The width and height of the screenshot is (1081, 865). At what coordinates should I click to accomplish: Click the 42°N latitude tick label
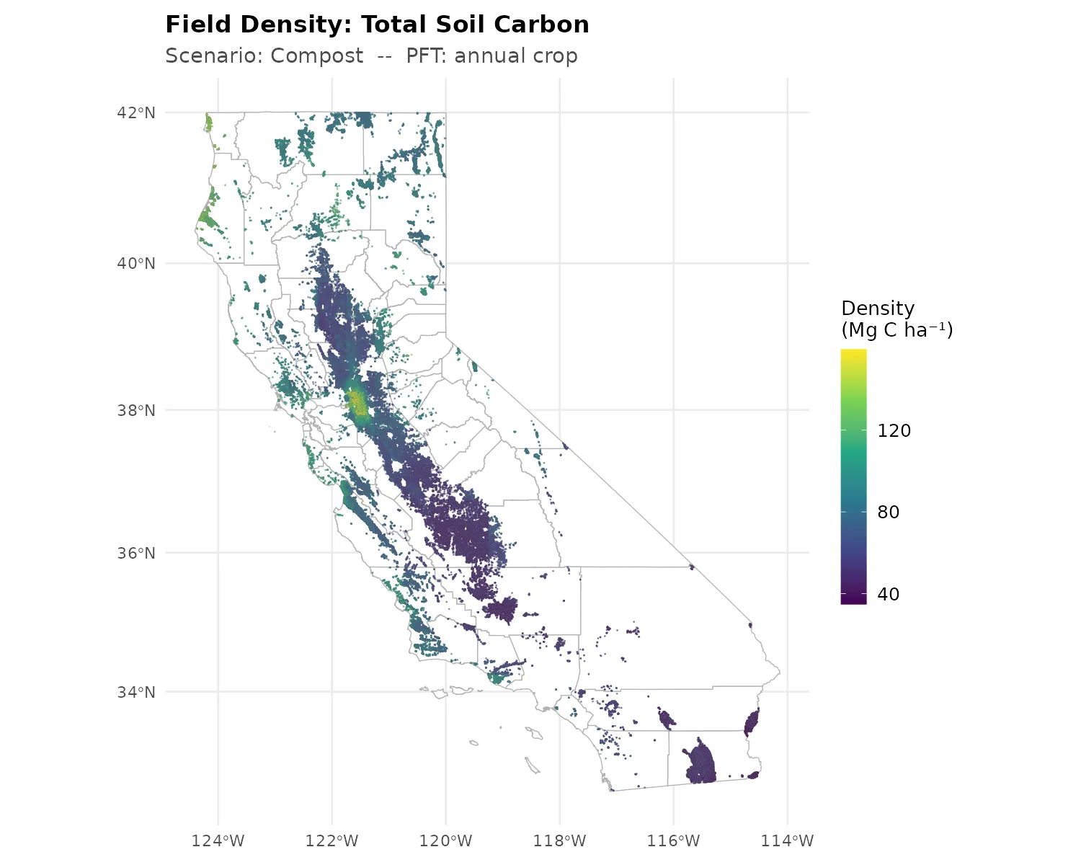pos(136,112)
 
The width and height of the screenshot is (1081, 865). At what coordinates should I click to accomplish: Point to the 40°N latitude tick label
pos(136,263)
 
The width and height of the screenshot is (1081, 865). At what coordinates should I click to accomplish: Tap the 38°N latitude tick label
pos(136,410)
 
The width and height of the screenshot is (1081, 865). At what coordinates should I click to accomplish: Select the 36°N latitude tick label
pos(136,553)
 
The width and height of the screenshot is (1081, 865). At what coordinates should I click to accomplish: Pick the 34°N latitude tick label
pos(136,692)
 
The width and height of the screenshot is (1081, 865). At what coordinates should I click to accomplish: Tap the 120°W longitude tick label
pos(445,840)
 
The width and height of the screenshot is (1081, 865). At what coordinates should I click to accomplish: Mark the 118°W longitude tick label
pos(560,840)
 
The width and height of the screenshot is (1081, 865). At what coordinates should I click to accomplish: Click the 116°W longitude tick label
pos(674,840)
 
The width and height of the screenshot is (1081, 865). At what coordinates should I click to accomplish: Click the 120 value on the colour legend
pos(894,431)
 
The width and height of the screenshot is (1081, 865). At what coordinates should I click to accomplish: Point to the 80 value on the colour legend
pos(888,513)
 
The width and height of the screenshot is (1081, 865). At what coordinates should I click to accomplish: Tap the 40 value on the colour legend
pos(888,595)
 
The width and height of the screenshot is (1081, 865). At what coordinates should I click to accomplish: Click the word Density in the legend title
pos(878,309)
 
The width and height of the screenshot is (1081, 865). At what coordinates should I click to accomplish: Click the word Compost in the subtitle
pos(317,56)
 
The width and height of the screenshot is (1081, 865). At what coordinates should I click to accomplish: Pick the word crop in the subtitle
pos(554,56)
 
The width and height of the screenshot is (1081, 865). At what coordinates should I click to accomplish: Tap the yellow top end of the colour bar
pos(853,353)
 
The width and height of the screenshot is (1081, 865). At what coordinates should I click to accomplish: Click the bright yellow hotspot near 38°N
pos(357,402)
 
